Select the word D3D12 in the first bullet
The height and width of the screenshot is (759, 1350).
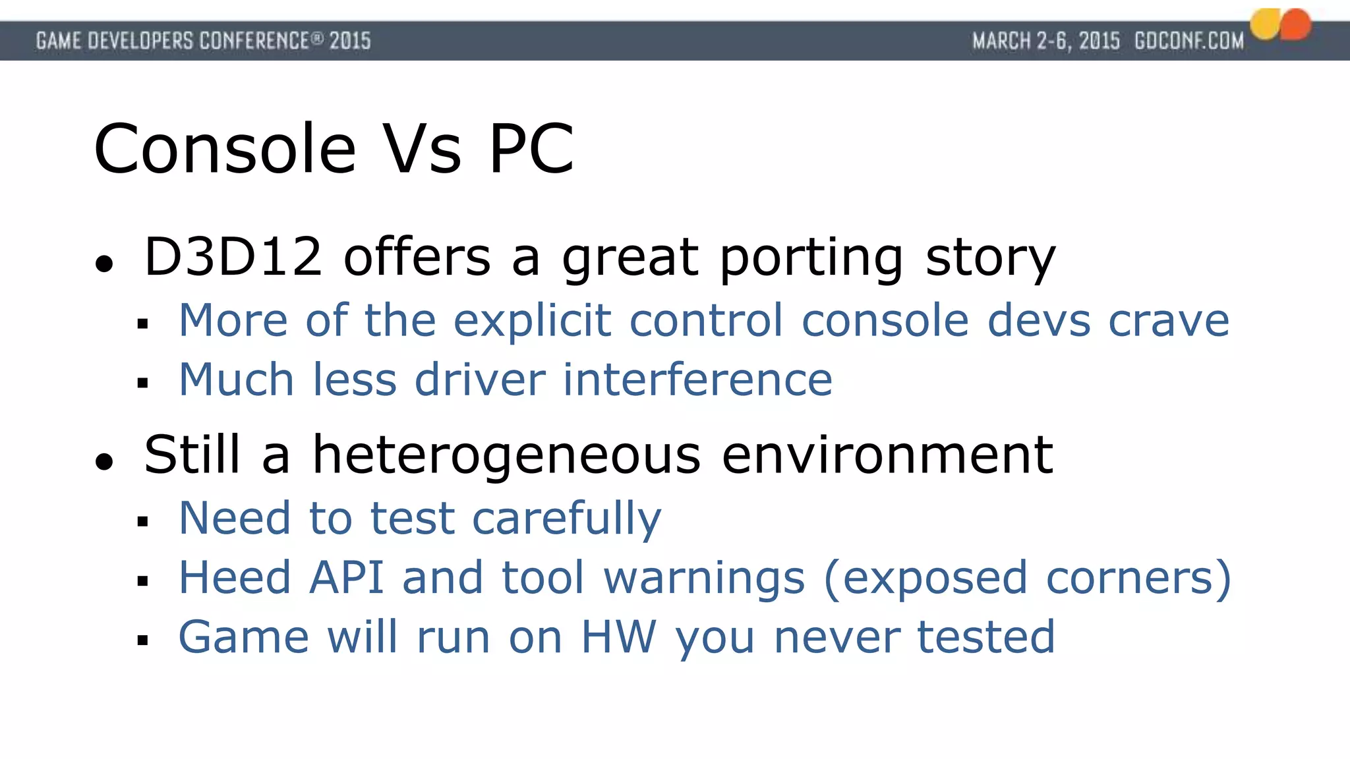click(233, 256)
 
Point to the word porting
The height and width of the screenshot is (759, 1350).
click(811, 258)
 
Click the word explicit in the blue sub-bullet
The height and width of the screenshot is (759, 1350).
click(533, 321)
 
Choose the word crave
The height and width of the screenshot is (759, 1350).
click(1169, 321)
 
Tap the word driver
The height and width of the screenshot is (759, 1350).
click(480, 380)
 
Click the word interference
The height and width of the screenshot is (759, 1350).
click(697, 380)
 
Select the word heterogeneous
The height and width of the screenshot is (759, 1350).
click(506, 456)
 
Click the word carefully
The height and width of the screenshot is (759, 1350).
click(566, 519)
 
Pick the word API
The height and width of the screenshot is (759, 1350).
click(347, 578)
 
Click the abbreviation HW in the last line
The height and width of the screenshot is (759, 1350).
click(618, 637)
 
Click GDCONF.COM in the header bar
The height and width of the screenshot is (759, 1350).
click(1189, 41)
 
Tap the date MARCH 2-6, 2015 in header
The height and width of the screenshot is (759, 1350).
click(1046, 41)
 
